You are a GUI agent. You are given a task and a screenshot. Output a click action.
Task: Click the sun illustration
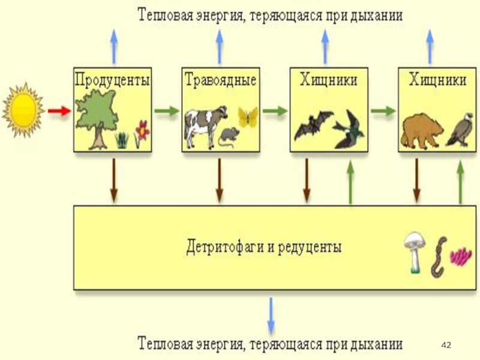23,110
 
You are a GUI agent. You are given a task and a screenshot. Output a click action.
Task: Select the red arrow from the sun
59,110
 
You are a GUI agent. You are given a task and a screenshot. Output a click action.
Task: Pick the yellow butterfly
248,117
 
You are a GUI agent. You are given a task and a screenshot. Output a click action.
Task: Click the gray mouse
229,137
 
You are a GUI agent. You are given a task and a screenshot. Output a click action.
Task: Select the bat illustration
313,125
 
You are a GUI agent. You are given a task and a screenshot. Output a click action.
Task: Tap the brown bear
422,131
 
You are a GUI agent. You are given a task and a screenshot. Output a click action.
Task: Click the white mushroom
415,253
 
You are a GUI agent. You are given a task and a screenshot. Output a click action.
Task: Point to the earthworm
439,257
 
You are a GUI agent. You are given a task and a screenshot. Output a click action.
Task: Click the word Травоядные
220,80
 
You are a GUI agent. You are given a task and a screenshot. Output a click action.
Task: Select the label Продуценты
112,80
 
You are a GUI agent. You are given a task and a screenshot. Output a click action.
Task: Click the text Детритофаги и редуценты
263,247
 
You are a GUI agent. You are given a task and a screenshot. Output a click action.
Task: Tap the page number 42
446,346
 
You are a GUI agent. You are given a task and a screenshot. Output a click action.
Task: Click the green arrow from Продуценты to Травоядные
167,110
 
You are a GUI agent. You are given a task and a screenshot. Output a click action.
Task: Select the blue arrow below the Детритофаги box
271,316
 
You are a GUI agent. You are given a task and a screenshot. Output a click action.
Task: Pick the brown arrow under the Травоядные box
219,181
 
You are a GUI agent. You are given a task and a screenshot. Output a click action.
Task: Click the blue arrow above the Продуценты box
114,47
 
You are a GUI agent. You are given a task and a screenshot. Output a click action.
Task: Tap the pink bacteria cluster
461,256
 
